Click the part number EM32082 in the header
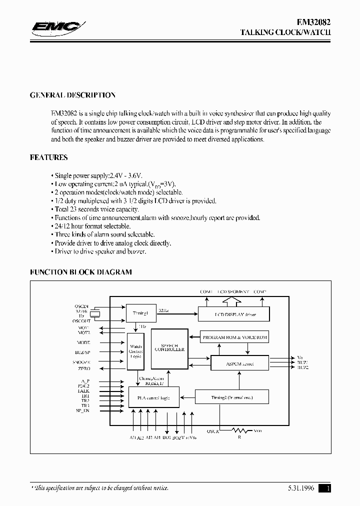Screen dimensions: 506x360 coord(311,22)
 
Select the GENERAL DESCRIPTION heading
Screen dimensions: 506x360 coord(72,95)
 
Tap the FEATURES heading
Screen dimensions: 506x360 coord(49,157)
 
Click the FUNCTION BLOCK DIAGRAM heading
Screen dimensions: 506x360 coord(81,272)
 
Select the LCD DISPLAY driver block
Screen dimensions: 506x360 coord(234,314)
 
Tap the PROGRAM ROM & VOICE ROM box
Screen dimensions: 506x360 coord(234,337)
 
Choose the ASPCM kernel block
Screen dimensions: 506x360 coord(239,363)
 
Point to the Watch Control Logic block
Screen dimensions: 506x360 coord(135,351)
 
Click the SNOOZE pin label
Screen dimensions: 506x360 coord(81,362)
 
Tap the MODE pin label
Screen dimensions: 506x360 coord(83,343)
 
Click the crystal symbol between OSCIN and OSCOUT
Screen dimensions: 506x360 coord(98,313)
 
